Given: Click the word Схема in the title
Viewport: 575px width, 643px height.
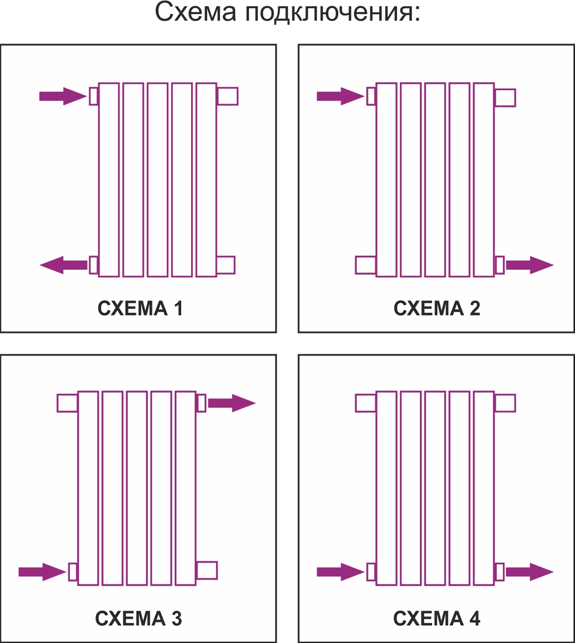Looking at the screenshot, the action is [x=196, y=12].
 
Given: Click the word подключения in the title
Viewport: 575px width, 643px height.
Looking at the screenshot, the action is [x=333, y=14].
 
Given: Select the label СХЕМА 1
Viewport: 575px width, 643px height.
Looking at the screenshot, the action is [x=140, y=308].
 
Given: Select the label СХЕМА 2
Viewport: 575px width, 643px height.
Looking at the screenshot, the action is [x=437, y=308].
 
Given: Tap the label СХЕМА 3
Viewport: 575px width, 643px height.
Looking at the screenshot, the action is [x=139, y=618].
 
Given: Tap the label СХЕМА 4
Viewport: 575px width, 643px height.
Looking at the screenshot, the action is [x=437, y=618].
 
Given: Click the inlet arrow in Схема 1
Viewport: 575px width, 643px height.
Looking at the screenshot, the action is [x=63, y=96].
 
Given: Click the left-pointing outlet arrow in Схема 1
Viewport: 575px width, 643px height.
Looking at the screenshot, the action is [x=63, y=265].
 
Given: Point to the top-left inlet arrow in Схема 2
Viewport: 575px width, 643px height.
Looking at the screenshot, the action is [x=341, y=96].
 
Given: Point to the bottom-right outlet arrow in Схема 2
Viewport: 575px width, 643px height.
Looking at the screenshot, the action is [x=530, y=265].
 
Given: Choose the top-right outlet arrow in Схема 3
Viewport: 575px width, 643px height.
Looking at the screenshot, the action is [x=232, y=402].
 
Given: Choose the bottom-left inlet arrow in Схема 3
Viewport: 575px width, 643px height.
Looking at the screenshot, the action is [x=42, y=571].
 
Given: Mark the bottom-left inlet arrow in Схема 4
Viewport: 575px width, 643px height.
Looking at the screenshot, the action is [x=341, y=571].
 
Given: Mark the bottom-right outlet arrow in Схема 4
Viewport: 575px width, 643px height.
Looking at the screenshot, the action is [x=530, y=571].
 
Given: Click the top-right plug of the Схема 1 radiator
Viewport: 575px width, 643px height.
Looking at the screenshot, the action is [x=227, y=96].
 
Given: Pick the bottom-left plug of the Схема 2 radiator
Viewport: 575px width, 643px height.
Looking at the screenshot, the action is [x=365, y=265].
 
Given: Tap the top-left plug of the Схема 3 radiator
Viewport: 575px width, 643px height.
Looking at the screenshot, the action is [x=67, y=402].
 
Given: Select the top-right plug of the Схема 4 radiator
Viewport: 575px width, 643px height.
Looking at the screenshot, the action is [x=505, y=402].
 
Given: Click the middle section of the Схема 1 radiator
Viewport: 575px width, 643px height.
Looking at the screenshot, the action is [x=158, y=179].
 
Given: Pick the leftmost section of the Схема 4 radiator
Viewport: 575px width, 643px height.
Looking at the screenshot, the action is [x=386, y=488].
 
